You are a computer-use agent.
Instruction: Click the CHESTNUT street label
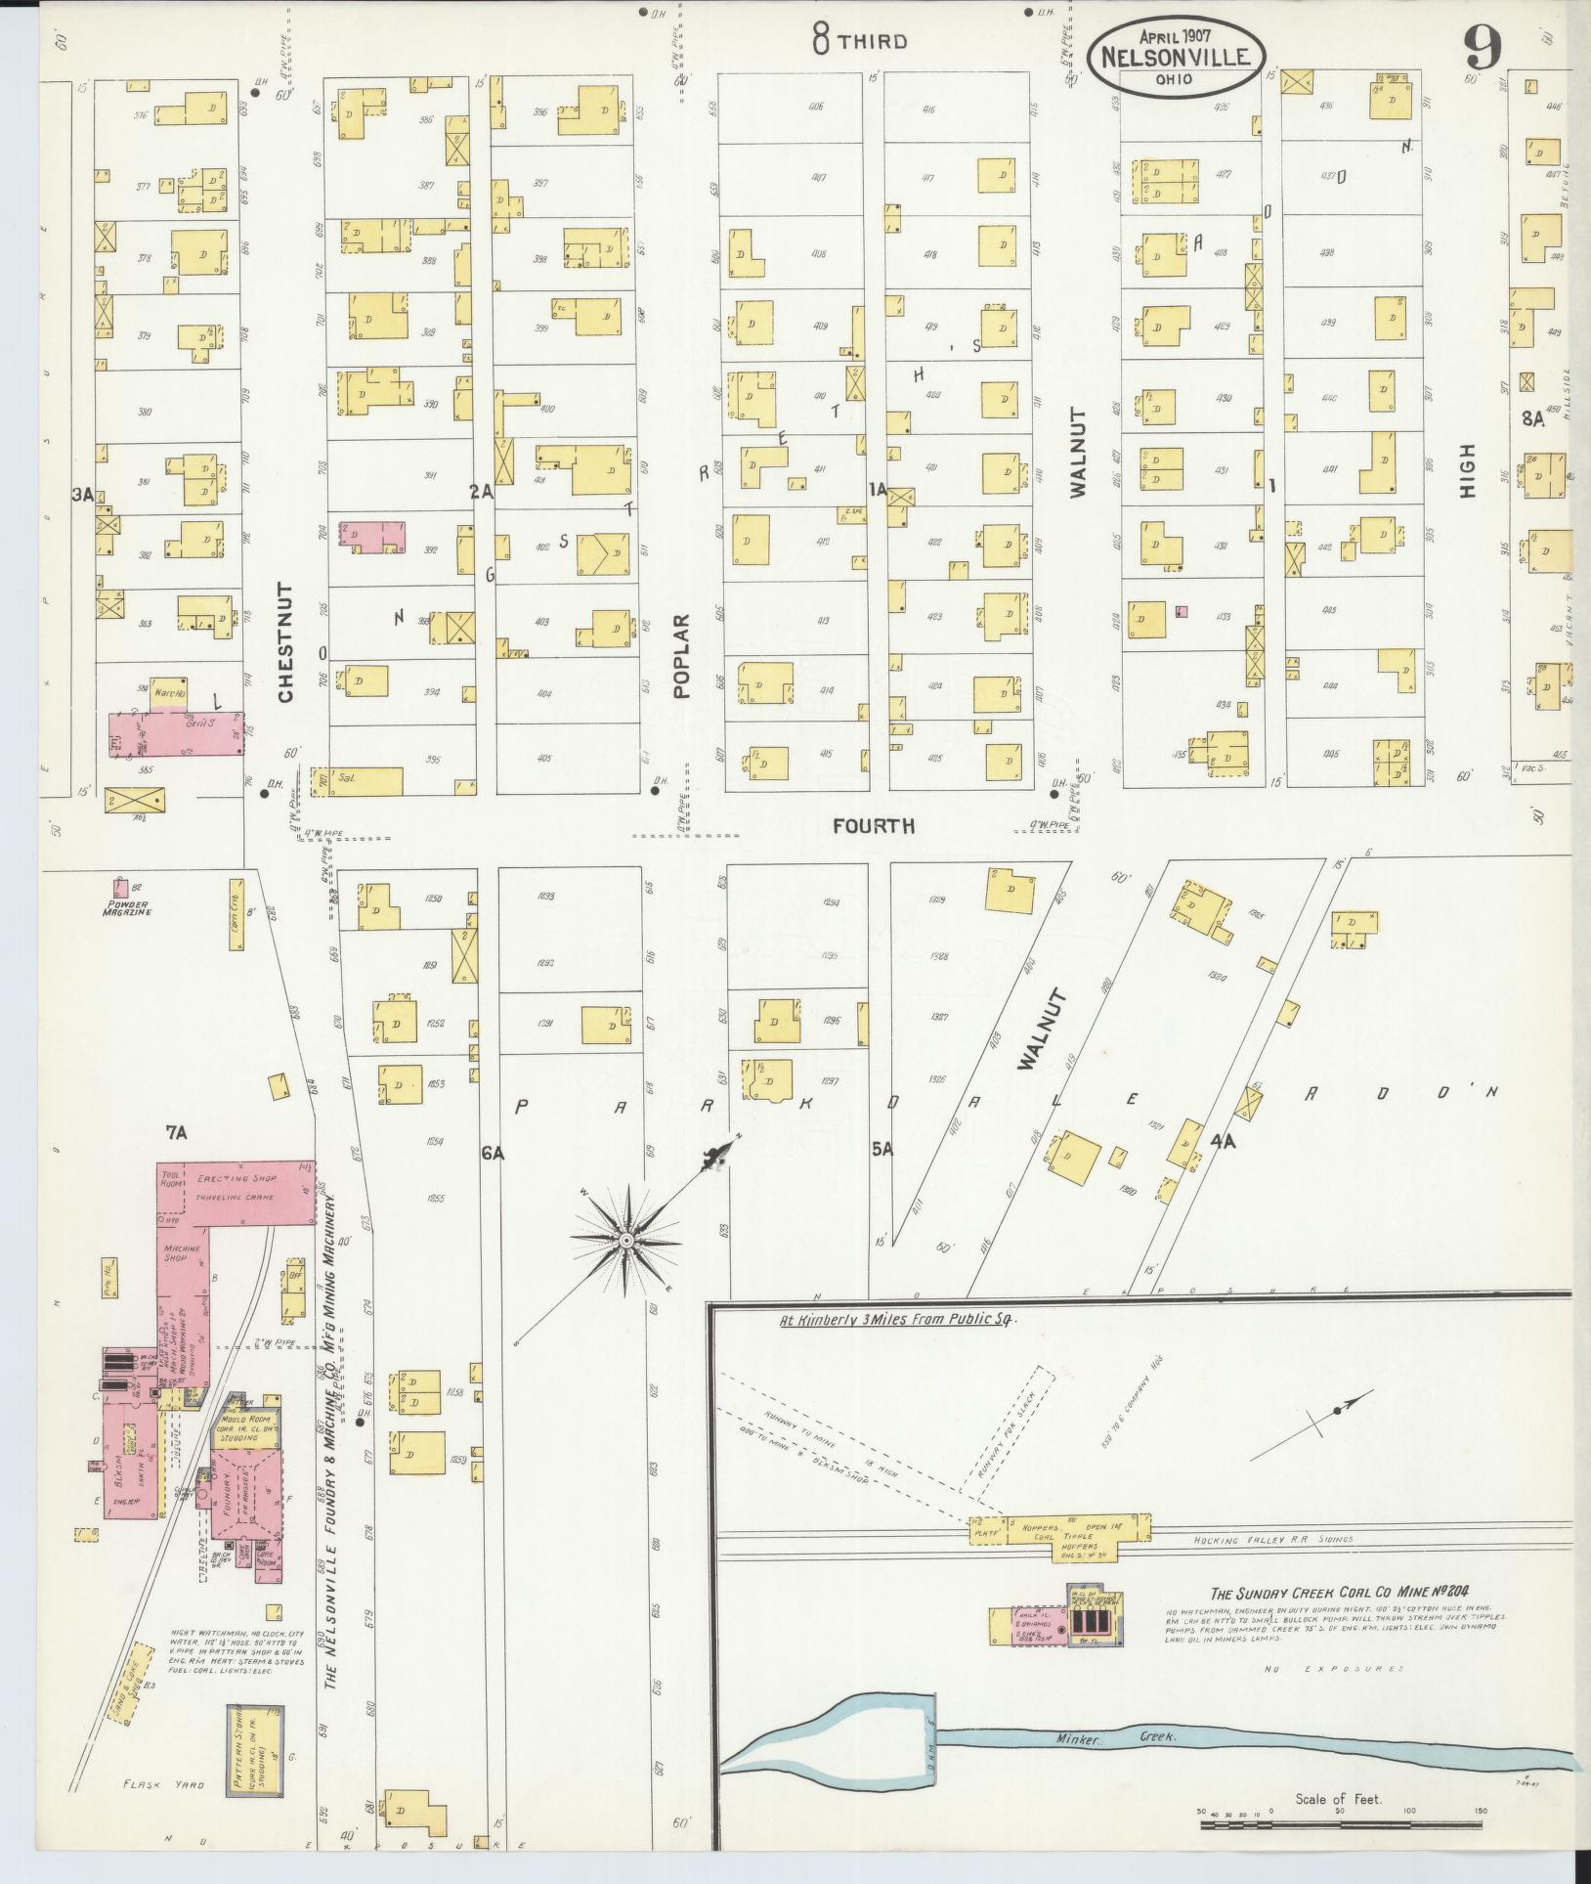point(285,642)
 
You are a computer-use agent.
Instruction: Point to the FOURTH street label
point(874,826)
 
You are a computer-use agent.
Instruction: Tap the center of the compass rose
point(625,1242)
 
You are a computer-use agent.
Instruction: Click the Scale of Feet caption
point(1337,1798)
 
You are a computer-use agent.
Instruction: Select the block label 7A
point(176,1133)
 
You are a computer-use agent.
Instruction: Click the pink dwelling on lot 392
point(372,538)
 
